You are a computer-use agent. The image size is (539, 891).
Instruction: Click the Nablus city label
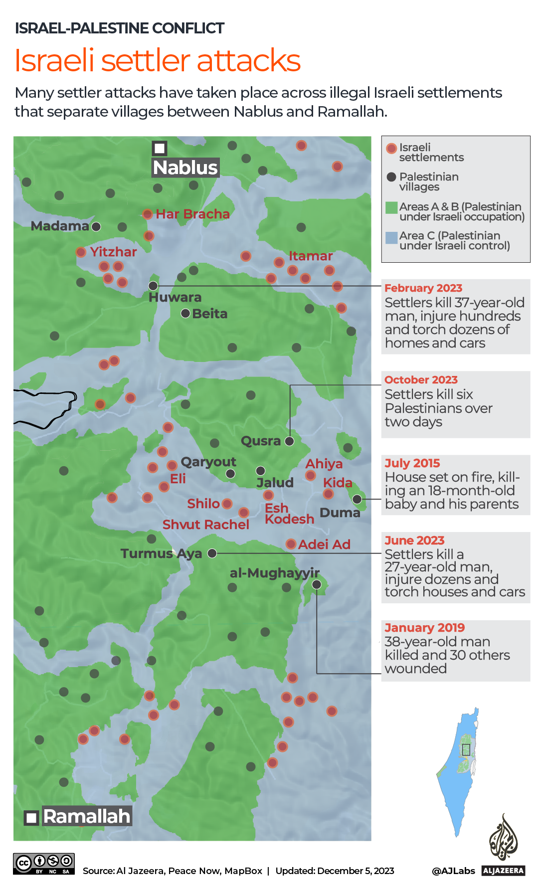click(185, 168)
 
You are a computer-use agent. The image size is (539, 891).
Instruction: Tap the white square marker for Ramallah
click(32, 818)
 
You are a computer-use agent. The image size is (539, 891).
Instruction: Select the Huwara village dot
click(154, 286)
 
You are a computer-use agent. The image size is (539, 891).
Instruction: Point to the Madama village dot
click(96, 226)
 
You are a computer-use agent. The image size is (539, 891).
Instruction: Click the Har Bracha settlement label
click(192, 214)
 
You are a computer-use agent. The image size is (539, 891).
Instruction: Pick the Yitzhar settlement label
click(113, 252)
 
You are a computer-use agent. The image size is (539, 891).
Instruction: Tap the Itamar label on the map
click(311, 256)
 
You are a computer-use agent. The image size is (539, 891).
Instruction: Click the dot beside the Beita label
click(185, 314)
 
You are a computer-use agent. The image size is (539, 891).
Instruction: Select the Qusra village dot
click(289, 441)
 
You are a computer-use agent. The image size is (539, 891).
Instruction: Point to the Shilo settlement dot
click(227, 504)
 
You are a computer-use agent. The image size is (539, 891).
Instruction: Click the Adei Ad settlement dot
click(291, 544)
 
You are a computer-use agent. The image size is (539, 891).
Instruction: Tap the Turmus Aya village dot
click(212, 553)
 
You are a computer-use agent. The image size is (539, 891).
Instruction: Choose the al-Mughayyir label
click(274, 573)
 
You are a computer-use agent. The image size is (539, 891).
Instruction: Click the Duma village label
click(340, 513)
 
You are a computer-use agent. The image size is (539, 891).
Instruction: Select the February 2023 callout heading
click(423, 288)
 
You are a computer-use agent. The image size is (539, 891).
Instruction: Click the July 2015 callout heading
click(412, 463)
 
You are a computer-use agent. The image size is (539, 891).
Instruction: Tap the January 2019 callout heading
click(424, 627)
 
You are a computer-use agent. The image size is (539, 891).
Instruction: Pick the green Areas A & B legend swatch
click(391, 207)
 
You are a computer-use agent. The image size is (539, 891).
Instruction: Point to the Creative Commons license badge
click(44, 864)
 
